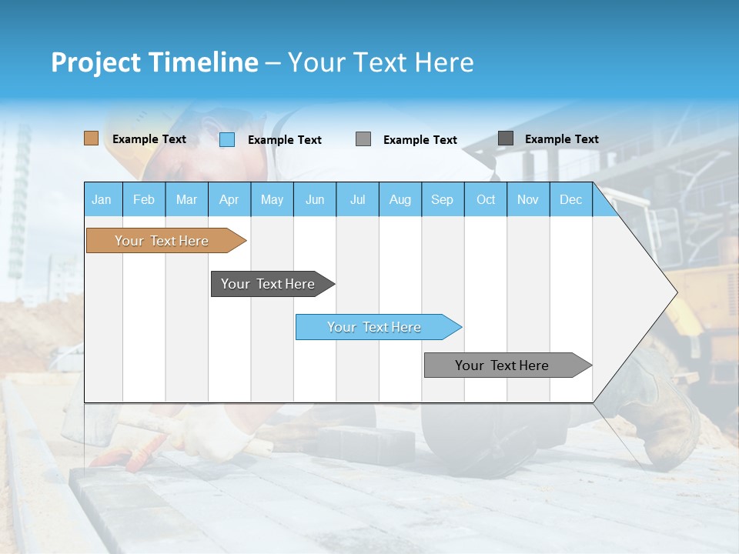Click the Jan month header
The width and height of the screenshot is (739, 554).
click(x=102, y=199)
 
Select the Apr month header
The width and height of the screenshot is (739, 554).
click(x=229, y=199)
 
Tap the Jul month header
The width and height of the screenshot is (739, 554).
click(x=357, y=199)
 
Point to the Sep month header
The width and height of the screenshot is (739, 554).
click(x=442, y=199)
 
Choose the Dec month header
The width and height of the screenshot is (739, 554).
click(x=570, y=199)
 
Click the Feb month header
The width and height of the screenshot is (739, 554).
click(x=144, y=199)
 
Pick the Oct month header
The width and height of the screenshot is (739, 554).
click(x=486, y=199)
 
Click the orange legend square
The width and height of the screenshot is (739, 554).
click(x=91, y=138)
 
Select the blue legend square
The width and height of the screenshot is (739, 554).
click(x=227, y=139)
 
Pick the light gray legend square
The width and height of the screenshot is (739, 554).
click(x=363, y=139)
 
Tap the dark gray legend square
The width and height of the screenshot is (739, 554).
click(x=506, y=138)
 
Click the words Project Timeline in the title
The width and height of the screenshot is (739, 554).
click(x=155, y=62)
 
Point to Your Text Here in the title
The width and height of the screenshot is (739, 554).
click(x=380, y=62)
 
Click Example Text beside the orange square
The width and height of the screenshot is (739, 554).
click(x=149, y=139)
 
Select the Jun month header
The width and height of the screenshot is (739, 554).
click(x=315, y=199)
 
